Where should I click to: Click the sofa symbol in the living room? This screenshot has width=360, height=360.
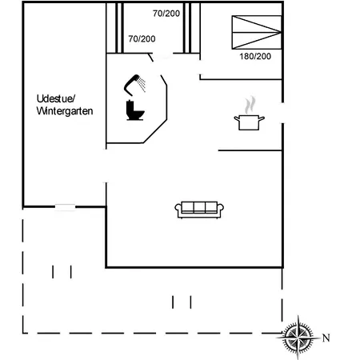(199, 210)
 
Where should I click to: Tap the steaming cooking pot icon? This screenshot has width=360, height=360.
(250, 114)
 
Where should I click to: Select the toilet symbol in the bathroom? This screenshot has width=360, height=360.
(135, 110)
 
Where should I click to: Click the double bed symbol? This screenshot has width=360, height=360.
(257, 32)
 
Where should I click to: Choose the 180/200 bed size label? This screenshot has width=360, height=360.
(255, 57)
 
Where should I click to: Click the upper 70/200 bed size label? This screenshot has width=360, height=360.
(166, 14)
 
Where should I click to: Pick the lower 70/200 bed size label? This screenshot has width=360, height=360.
(142, 39)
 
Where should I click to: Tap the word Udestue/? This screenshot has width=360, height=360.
(56, 99)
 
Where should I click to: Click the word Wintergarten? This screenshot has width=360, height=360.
(65, 111)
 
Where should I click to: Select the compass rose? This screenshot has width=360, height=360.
(298, 337)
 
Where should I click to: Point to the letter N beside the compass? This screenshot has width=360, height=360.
(326, 338)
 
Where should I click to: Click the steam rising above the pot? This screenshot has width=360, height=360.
(250, 105)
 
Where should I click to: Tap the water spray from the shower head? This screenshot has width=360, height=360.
(142, 85)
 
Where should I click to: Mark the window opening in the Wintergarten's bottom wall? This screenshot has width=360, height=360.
(65, 207)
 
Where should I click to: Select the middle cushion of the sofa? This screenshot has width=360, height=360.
(199, 207)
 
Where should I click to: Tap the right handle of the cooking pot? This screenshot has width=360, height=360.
(262, 118)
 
